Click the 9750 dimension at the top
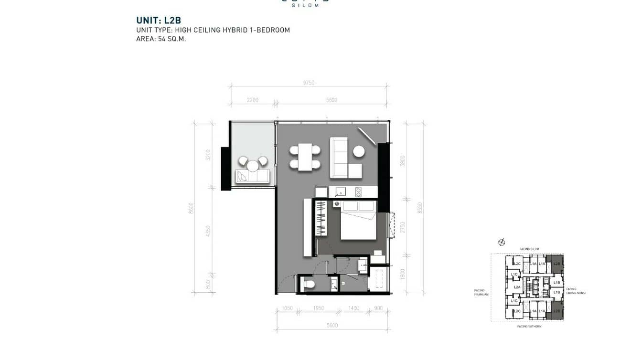309,83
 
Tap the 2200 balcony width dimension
253,100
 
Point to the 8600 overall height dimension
191,208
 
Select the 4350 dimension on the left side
208,231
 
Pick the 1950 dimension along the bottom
318,309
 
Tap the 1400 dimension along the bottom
354,309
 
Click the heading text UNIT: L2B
155,21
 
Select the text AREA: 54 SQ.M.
161,39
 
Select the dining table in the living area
304,157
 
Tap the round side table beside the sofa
359,151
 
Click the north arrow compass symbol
502,242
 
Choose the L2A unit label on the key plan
517,287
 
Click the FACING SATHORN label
529,327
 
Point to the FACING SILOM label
529,249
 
